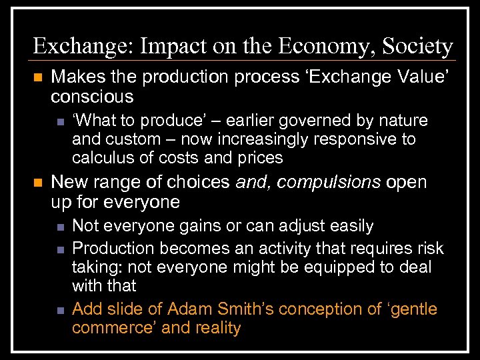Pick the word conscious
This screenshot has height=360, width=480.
(x=92, y=97)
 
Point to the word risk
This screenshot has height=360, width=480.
(x=428, y=248)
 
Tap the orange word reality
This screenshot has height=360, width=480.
(x=216, y=328)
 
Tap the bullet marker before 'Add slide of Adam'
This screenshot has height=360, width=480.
(x=59, y=310)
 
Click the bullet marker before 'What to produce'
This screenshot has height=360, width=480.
(x=59, y=121)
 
